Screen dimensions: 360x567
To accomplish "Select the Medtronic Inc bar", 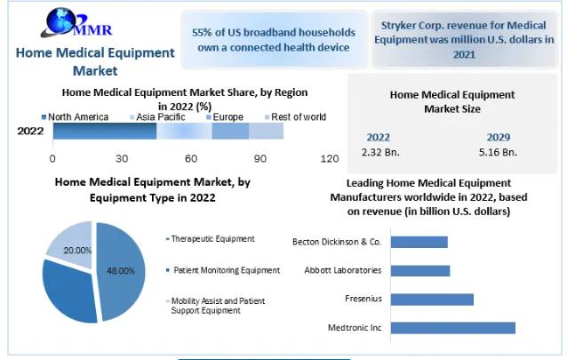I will point(451,328).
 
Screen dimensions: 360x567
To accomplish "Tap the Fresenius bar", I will point(430,300).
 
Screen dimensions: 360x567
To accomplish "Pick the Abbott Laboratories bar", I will point(419,270).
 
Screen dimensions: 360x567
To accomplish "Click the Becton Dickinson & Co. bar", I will point(418,242).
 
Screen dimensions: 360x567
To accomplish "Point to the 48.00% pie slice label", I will point(121,270).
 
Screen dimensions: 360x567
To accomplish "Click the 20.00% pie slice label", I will point(77,251).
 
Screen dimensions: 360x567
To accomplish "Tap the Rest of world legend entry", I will point(299,117).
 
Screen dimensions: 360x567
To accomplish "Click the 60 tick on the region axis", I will point(191,158).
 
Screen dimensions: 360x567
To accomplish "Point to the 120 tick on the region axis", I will point(329,158).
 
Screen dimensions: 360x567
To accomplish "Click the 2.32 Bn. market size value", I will point(380,152).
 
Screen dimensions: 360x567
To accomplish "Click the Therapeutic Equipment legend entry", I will point(213,239).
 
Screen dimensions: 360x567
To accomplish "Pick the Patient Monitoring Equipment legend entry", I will point(227,269).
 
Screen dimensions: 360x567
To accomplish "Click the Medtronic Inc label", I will point(355,328).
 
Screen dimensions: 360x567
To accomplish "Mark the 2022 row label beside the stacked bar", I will point(31,131).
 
